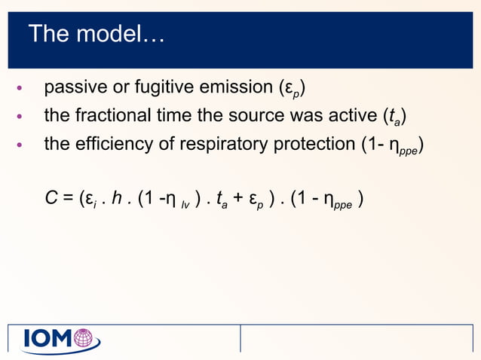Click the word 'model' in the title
tap(123, 35)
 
